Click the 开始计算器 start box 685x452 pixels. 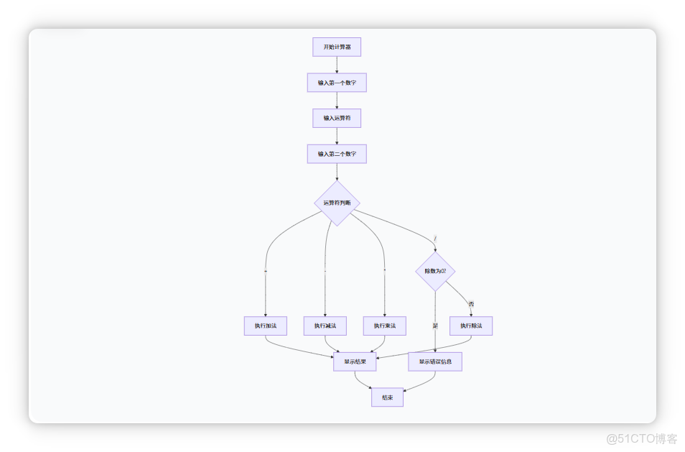click(337, 47)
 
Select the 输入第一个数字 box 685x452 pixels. click(337, 83)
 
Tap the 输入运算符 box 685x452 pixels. click(337, 118)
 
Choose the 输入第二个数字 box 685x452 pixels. click(337, 154)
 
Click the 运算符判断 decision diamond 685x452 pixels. click(337, 203)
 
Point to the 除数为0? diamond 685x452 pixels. click(435, 271)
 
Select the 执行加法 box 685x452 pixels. click(266, 326)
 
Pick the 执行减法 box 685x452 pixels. click(325, 326)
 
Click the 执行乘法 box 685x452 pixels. click(385, 326)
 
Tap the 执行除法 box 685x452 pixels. click(472, 326)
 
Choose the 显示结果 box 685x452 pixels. click(355, 361)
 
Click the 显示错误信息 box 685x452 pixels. click(435, 361)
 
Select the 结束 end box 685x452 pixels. click(387, 397)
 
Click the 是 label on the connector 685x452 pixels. click(435, 326)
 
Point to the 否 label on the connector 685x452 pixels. click(471, 304)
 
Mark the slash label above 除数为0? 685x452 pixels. click(435, 238)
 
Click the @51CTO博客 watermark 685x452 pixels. click(640, 437)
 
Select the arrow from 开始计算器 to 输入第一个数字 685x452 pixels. click(337, 65)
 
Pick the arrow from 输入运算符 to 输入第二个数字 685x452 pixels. click(337, 136)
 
